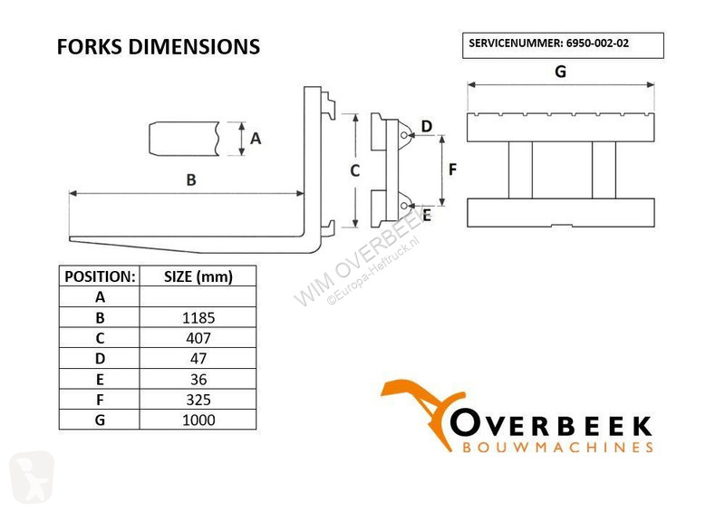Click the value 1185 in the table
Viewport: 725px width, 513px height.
coord(198,318)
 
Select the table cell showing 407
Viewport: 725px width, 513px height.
coord(198,338)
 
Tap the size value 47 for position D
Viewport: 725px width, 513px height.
coord(198,359)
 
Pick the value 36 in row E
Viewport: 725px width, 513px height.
coord(198,380)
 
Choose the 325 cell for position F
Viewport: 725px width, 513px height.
coord(198,400)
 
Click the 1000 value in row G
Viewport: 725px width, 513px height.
coord(198,420)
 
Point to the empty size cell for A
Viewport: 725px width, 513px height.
coord(198,296)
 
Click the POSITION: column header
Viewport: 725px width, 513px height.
coord(100,276)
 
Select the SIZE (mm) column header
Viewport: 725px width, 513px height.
coord(198,276)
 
